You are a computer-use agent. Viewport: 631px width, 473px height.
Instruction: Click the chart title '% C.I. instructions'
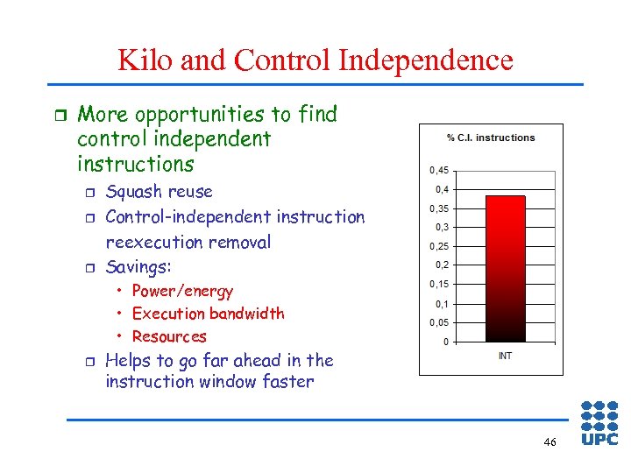point(491,138)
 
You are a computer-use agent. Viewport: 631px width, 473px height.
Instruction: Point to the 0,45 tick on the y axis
point(438,170)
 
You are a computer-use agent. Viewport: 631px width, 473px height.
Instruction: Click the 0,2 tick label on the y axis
point(441,265)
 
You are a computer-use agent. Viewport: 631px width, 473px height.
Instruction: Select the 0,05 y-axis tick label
point(438,322)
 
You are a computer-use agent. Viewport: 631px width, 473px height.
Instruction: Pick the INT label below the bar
point(505,356)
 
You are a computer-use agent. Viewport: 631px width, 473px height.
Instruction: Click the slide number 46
point(549,442)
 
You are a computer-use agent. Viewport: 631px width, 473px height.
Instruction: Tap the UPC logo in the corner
point(599,423)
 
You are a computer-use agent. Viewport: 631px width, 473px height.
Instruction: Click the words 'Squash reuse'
point(159,192)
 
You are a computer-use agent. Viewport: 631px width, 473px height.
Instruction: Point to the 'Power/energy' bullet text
point(182,292)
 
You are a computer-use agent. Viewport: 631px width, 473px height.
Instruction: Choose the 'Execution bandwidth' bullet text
point(208,314)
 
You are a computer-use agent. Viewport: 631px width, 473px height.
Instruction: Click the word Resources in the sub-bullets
point(169,336)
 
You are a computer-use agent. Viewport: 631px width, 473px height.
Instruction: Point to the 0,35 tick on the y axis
point(438,208)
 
